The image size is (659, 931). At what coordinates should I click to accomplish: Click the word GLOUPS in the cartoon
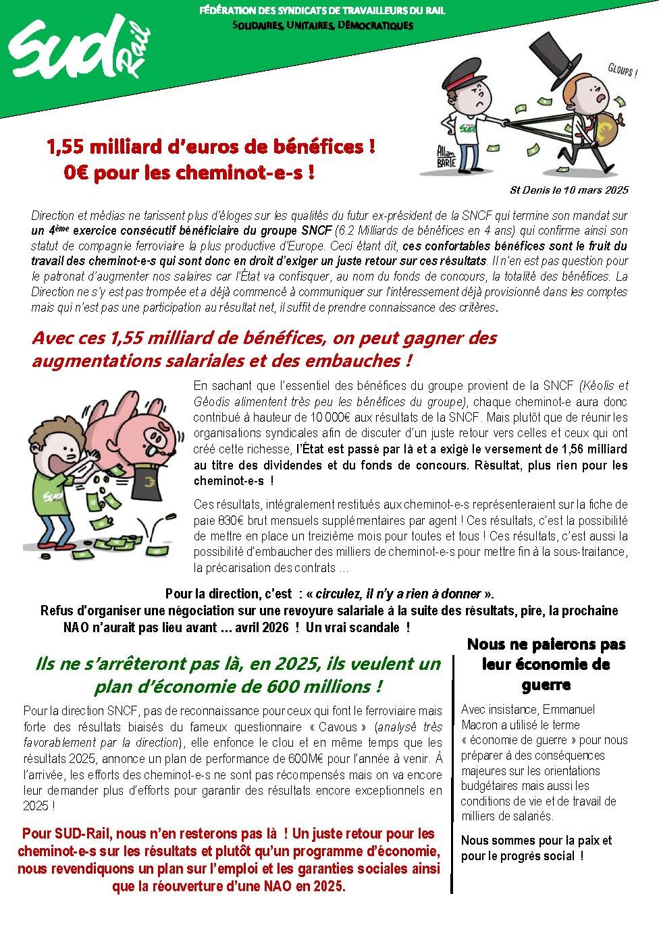tap(621, 70)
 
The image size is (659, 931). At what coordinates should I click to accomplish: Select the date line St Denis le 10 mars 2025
tap(569, 190)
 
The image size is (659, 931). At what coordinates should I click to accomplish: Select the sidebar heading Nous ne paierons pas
tap(546, 644)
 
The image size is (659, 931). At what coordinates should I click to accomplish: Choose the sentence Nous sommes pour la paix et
tap(536, 840)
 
